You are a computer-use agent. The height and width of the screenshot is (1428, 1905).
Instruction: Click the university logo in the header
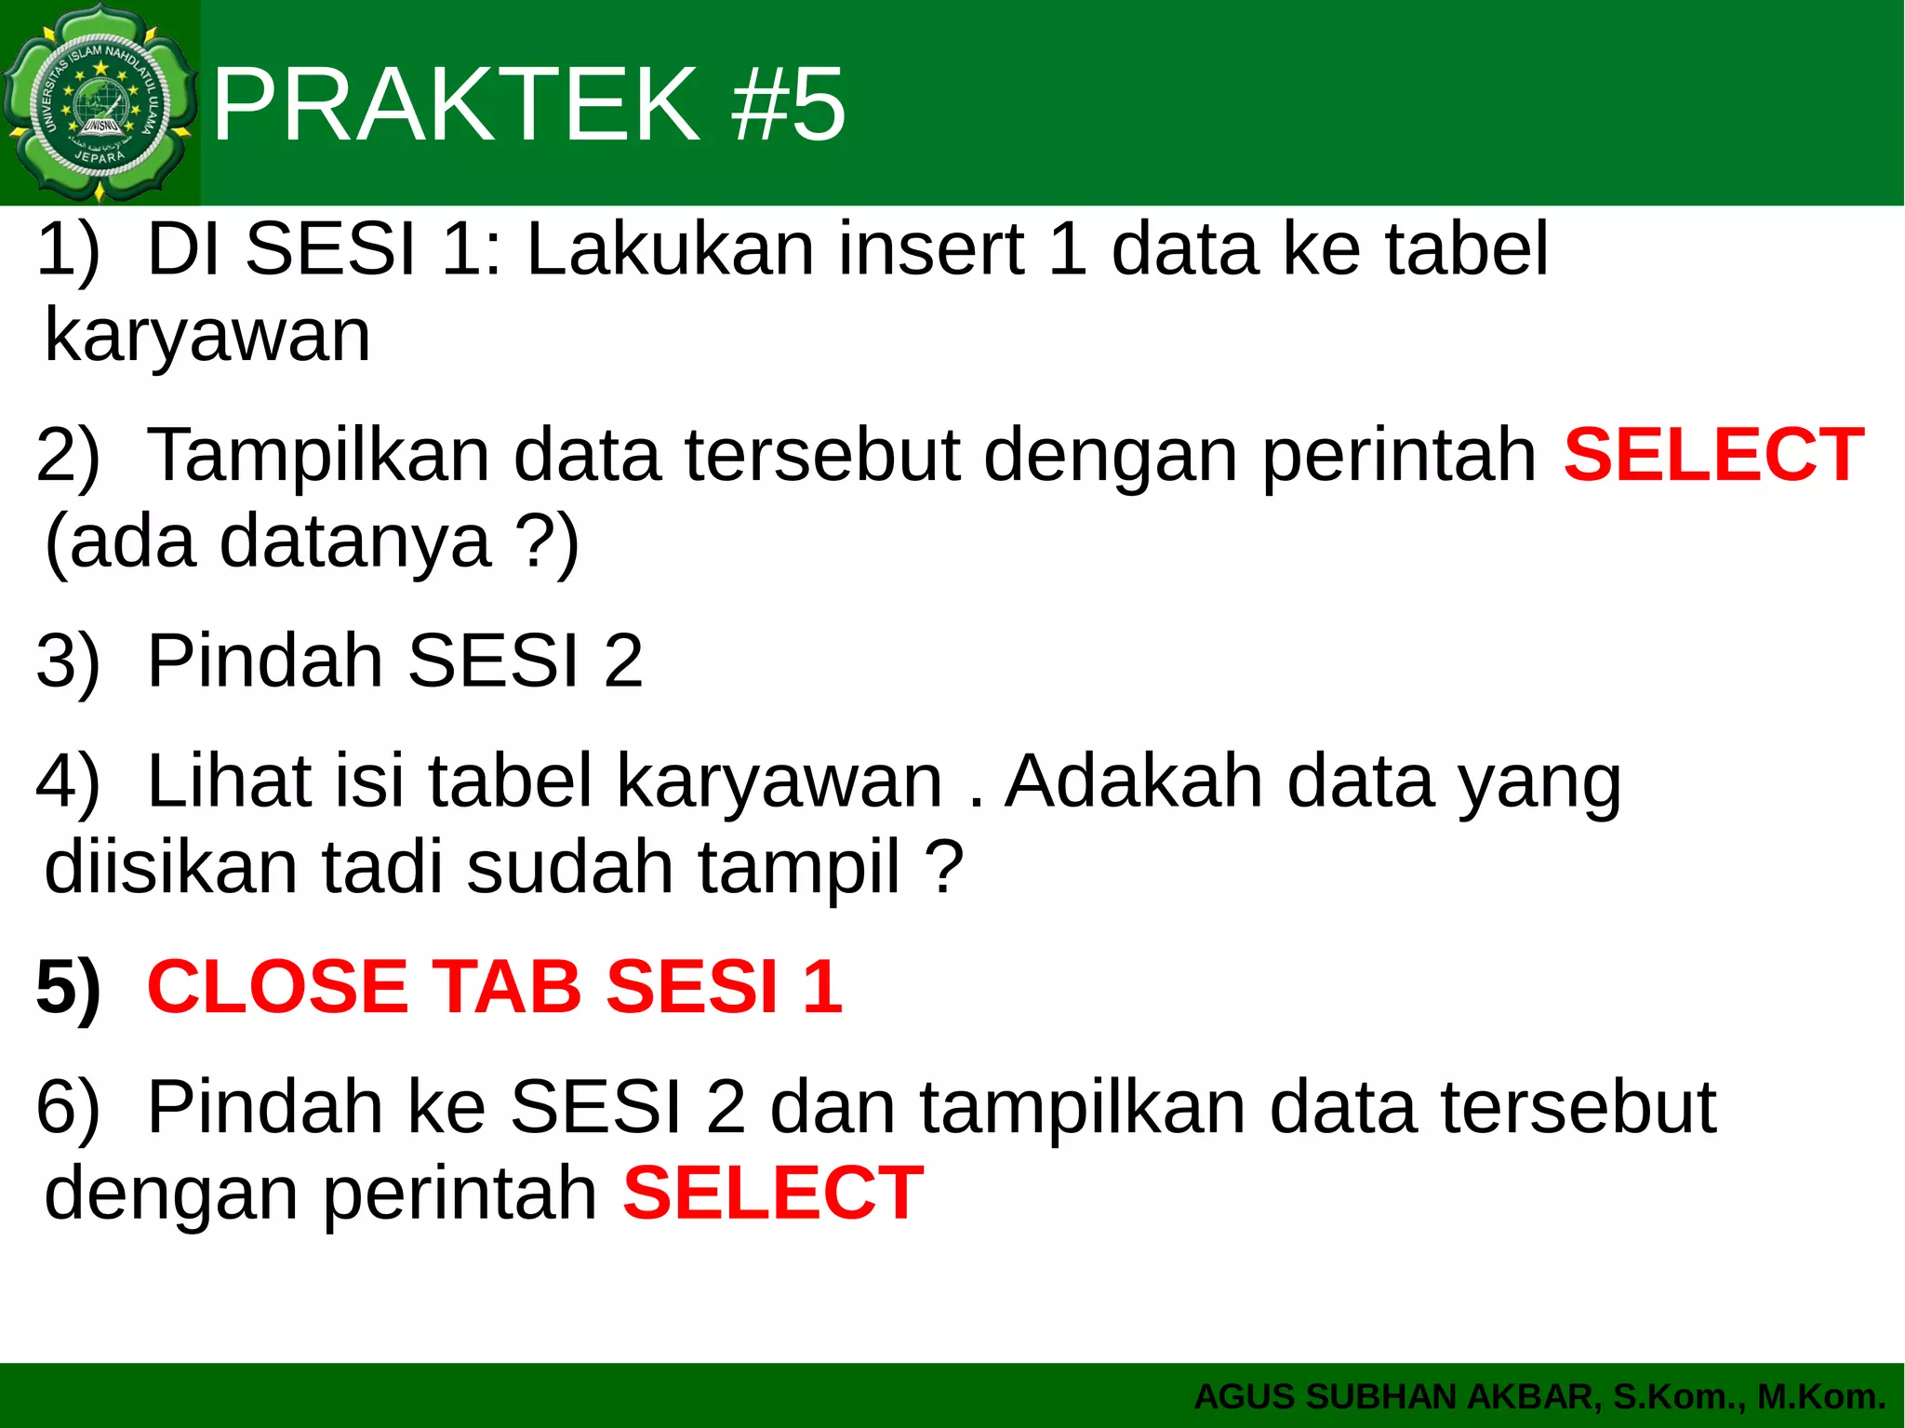tap(100, 102)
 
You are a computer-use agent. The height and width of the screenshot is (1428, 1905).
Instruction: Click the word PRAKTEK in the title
tap(456, 104)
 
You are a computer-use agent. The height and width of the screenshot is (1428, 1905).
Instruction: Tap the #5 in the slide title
tap(789, 104)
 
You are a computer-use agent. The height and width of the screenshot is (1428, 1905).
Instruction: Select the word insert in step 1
tap(930, 249)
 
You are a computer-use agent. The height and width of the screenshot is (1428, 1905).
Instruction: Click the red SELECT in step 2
tap(1713, 455)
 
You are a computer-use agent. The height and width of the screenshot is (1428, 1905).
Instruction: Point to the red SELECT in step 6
tap(773, 1193)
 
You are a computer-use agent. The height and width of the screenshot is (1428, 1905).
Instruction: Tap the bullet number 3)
tap(67, 661)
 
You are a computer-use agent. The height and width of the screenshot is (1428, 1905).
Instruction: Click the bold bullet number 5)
tap(67, 987)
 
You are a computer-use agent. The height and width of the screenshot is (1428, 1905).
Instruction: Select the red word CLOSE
tap(277, 987)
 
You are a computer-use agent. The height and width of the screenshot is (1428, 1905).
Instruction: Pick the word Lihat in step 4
tap(229, 781)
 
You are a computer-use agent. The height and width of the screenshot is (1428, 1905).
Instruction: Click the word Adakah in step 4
tap(1135, 781)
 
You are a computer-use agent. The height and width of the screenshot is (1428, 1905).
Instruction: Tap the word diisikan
tap(170, 867)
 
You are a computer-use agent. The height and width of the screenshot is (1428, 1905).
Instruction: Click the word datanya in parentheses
tap(354, 541)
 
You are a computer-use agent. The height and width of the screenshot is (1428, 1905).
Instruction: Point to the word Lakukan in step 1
tap(670, 249)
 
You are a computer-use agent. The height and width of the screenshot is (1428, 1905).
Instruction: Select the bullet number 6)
tap(67, 1107)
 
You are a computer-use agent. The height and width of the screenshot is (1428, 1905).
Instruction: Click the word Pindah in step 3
tap(264, 661)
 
